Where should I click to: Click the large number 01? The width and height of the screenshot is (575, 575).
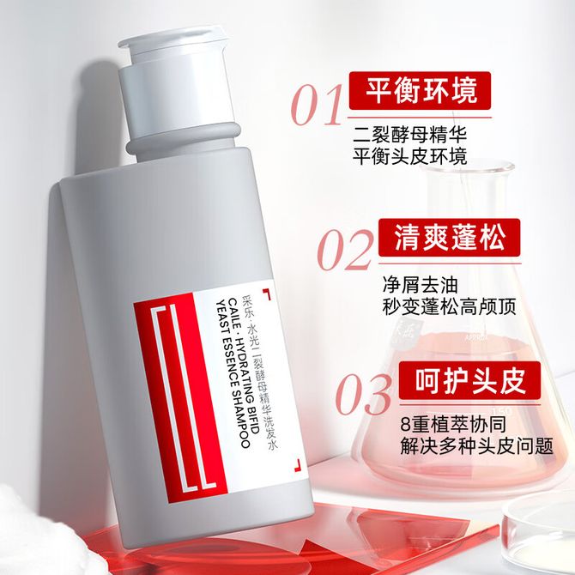(x=316, y=105)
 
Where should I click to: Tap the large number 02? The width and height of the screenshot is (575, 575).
(x=345, y=250)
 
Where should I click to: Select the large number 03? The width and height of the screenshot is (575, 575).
(x=363, y=394)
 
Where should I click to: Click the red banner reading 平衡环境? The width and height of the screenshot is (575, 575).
(x=420, y=91)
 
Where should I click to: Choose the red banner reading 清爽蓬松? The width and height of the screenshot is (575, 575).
(x=450, y=237)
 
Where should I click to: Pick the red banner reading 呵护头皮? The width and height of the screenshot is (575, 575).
(x=469, y=380)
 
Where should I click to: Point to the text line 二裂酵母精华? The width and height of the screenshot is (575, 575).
(x=409, y=134)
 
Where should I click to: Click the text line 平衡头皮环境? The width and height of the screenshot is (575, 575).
(x=409, y=156)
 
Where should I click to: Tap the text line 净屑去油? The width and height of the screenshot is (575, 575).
(x=421, y=284)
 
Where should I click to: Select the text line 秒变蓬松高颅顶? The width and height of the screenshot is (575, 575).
(x=449, y=306)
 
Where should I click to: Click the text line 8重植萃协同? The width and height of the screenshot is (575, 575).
(x=453, y=424)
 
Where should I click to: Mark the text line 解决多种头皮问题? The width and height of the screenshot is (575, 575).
(x=476, y=446)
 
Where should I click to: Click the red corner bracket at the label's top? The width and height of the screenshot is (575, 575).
(x=268, y=294)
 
